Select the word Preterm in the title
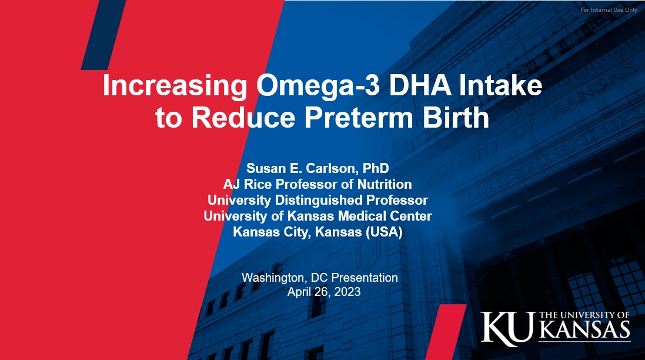point(358,117)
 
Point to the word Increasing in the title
point(175,86)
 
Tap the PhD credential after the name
point(376,168)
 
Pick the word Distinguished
point(319,201)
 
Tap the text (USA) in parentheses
point(384,232)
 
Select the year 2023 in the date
point(347,292)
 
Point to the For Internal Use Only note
point(609,9)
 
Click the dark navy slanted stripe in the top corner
point(103,35)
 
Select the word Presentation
point(365,278)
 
